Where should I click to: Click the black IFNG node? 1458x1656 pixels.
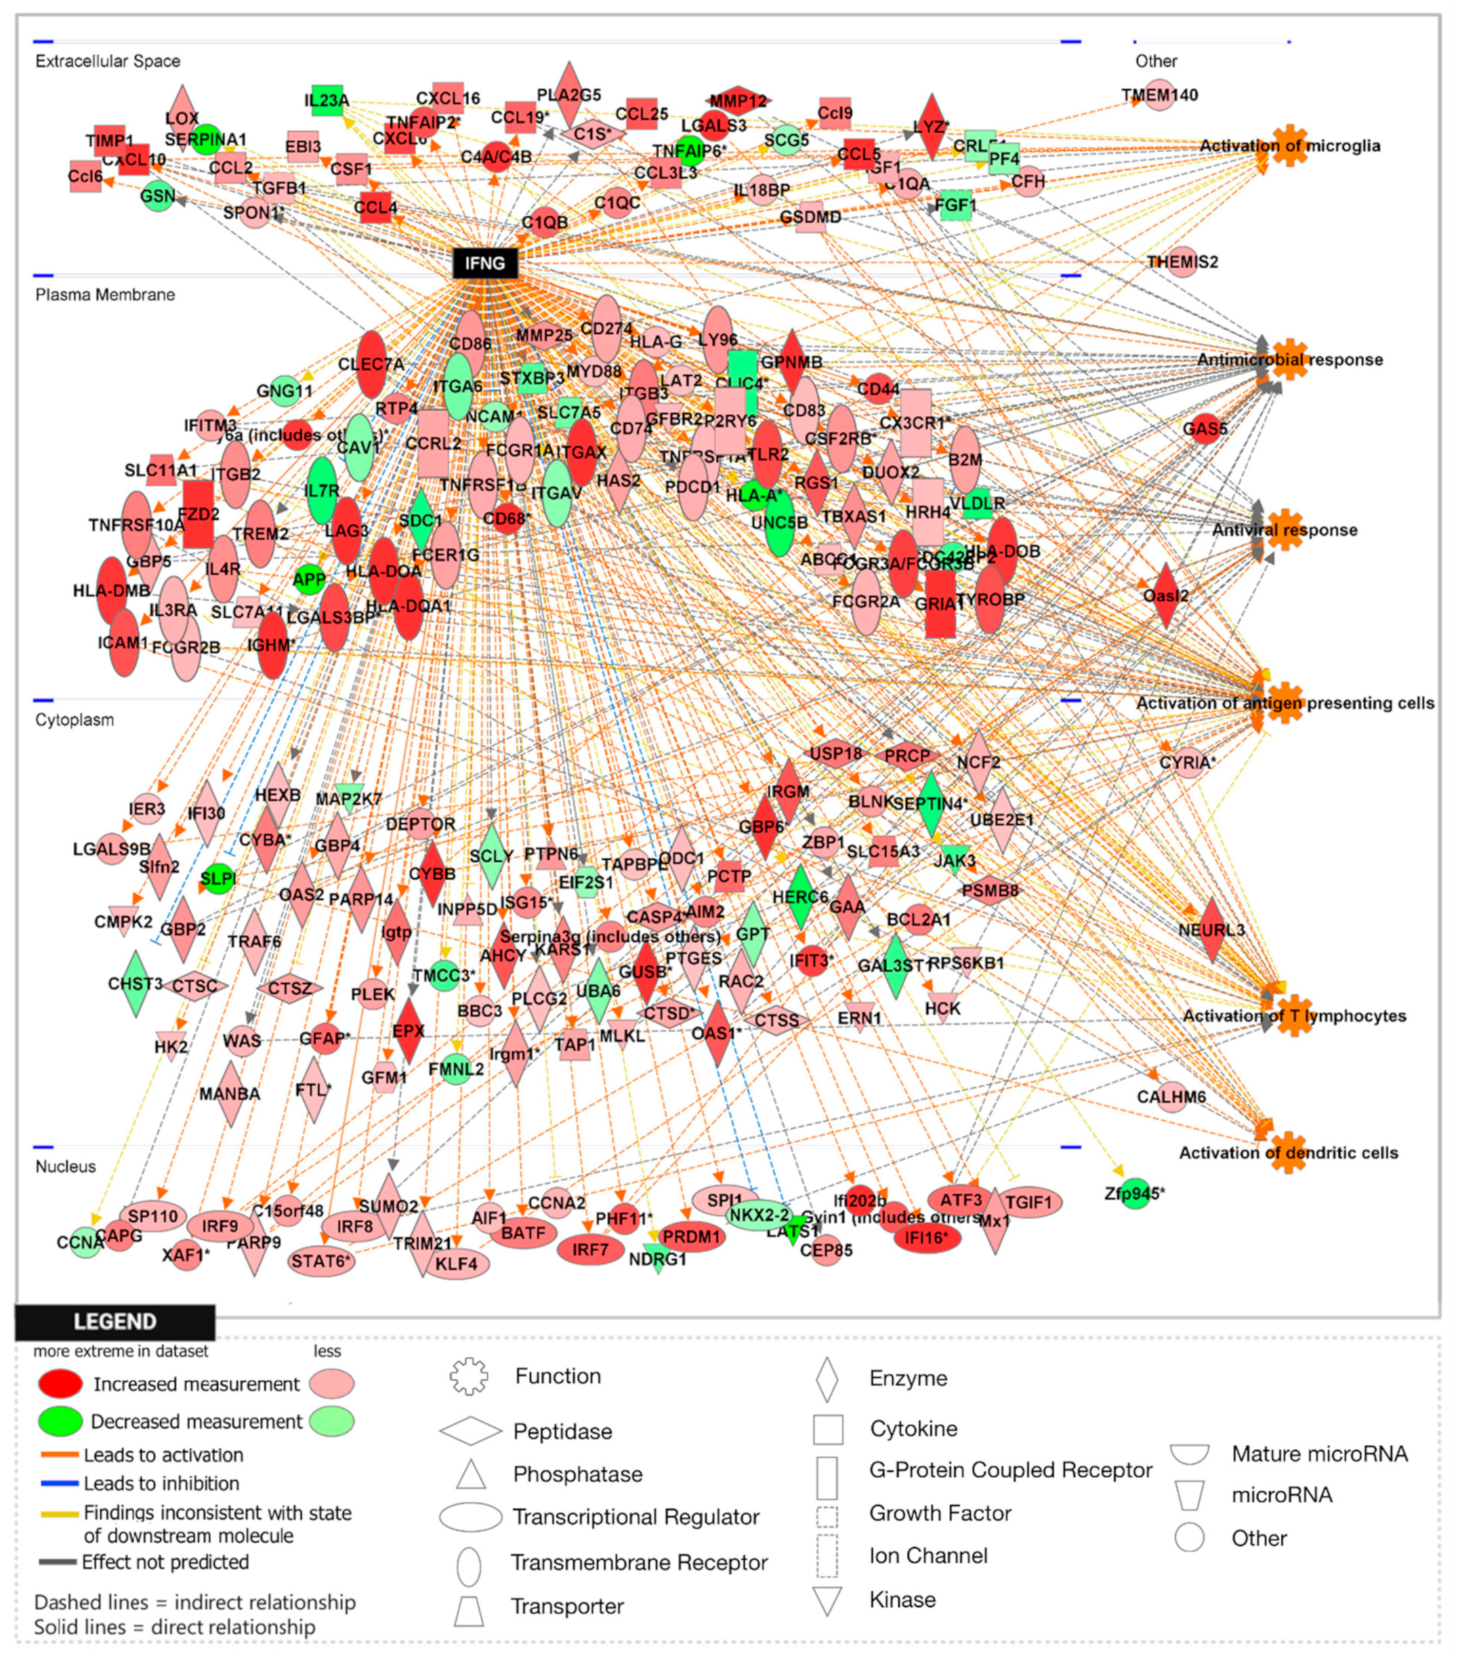click(485, 263)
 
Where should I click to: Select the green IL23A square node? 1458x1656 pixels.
click(327, 100)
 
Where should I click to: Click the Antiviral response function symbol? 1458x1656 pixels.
click(1285, 531)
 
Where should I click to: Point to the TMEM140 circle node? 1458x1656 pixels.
click(1159, 95)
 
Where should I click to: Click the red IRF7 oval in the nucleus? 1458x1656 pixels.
click(590, 1249)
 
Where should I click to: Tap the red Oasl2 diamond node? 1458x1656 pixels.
click(1165, 596)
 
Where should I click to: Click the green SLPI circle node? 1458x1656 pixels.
click(218, 879)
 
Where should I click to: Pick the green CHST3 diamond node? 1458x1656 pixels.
click(135, 984)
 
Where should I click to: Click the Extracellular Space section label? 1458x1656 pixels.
click(108, 62)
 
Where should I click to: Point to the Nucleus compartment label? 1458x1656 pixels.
click(66, 1166)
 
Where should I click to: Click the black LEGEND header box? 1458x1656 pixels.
click(115, 1322)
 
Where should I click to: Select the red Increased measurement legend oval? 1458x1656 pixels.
click(60, 1384)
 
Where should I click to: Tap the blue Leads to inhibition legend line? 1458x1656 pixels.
click(59, 1484)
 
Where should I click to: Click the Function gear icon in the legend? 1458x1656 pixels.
click(470, 1377)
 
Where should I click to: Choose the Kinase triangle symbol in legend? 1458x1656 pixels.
click(827, 1600)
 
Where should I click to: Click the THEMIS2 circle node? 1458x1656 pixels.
click(1183, 262)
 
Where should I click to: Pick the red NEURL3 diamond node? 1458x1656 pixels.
click(1212, 929)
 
